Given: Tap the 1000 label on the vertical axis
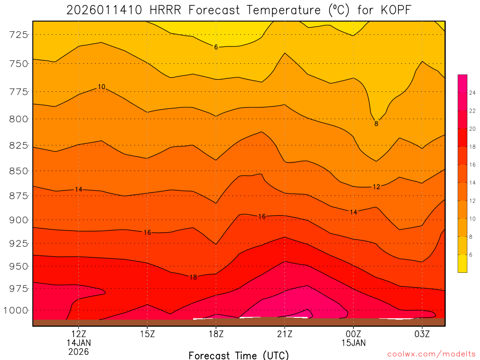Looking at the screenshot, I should coord(16,310).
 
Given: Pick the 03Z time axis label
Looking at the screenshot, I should coord(422,334).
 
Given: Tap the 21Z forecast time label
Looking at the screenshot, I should coord(285,334).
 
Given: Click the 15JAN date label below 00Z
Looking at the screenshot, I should coord(353,343).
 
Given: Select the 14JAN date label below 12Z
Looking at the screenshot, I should coord(78,343).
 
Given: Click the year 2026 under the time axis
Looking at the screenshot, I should coord(78,352).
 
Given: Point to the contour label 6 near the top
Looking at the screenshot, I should coord(216,47).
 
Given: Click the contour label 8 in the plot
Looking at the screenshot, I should coord(376,124).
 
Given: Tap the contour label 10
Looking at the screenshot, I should coord(102,87).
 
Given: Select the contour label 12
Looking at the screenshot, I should coord(376,187).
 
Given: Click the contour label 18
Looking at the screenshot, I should coord(193,277).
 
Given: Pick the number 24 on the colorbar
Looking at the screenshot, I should coord(472,93).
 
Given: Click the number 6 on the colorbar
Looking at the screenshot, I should coord(471,255).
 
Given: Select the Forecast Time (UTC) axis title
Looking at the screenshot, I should coord(239,355).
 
